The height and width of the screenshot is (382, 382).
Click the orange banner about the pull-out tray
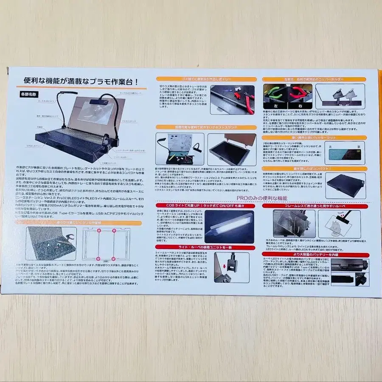206,79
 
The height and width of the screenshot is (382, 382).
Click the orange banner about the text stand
206,127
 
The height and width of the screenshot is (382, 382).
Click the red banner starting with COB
206,205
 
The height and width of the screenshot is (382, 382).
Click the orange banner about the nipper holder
314,79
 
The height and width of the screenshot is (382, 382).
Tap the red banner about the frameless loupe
314,205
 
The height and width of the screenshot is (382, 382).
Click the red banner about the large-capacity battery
314,255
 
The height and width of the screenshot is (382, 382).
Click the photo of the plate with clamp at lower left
51,243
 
